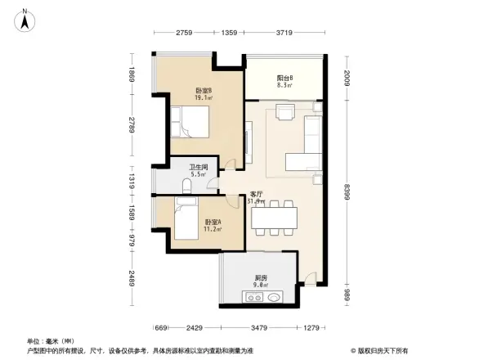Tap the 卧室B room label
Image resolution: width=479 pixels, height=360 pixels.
204,90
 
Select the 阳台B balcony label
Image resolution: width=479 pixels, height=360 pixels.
285,77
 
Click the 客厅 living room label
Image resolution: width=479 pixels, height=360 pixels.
256,194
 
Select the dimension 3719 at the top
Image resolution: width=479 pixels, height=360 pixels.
284,34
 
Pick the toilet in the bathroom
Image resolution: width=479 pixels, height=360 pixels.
186,187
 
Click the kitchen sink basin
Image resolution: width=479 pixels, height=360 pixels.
275,298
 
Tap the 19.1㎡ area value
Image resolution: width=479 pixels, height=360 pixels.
204,98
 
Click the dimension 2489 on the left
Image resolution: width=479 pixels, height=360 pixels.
131,282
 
